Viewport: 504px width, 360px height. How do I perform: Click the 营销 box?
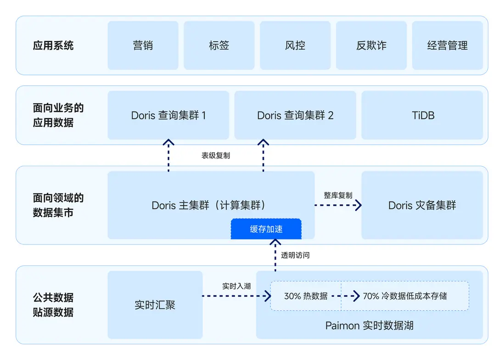coord(143,45)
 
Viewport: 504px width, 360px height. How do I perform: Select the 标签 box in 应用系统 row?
coord(219,45)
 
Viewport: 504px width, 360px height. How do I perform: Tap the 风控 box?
coord(295,45)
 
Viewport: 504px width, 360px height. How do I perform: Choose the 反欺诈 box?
coord(371,45)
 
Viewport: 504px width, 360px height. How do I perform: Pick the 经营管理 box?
coord(447,45)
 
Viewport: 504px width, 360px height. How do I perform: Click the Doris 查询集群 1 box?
coord(168,115)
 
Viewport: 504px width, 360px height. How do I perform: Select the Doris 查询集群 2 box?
coord(295,115)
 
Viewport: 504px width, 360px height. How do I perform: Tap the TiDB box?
coord(422,115)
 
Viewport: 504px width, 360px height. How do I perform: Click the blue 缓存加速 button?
coord(266,229)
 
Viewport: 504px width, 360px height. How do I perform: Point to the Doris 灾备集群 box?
coord(422,205)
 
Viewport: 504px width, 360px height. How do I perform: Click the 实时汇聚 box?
coord(155,305)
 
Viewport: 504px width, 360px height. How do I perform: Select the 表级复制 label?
coord(216,156)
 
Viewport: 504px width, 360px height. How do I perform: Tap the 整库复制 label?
coord(338,195)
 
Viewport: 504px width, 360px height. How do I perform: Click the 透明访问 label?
coord(295,255)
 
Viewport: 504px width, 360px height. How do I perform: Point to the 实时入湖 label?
coord(236,286)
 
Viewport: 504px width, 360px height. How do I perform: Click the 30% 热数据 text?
coord(306,296)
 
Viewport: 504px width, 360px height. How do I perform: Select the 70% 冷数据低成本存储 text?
coord(404,296)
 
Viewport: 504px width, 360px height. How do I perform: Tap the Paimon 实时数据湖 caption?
coord(370,326)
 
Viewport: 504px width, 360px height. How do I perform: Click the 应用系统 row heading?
coord(53,45)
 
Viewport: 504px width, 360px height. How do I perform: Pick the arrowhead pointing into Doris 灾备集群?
coord(358,205)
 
